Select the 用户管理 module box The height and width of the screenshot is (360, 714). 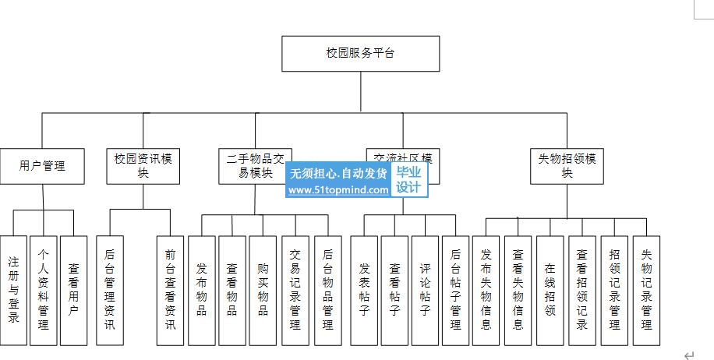[42, 166]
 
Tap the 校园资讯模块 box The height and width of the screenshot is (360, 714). [143, 166]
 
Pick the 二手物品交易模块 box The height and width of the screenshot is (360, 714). [255, 166]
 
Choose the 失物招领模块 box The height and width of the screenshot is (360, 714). [567, 166]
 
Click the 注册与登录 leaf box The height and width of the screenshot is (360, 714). [13, 290]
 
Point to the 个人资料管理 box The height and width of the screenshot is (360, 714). [44, 290]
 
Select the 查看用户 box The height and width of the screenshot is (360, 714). [73, 290]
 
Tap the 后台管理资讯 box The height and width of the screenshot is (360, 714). [109, 290]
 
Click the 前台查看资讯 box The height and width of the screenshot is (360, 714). [170, 290]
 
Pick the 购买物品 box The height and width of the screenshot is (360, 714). [263, 290]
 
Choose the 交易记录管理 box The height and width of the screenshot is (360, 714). [295, 290]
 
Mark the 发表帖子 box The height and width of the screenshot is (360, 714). [364, 290]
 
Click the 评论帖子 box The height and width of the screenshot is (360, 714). [425, 290]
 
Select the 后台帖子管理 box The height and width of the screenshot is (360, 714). [455, 290]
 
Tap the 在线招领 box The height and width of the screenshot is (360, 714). [550, 290]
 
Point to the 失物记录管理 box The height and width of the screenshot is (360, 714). [646, 290]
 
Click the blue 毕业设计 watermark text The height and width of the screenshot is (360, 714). [408, 181]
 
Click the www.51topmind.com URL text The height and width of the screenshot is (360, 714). [338, 189]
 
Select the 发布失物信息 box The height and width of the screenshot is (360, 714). [486, 290]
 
